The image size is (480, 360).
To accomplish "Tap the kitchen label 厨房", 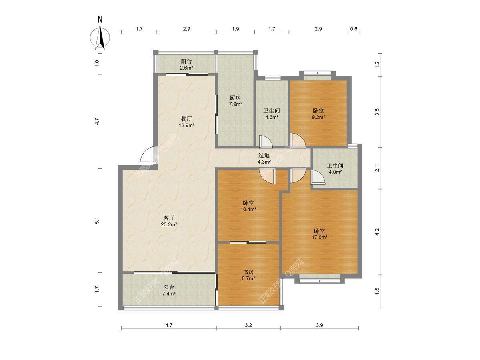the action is coord(235,98).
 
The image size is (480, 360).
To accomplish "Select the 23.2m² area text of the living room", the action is coord(169,224).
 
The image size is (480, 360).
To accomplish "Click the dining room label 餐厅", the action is coord(186,119).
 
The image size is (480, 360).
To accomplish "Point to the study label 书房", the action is coord(248,272).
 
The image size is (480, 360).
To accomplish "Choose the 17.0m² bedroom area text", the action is coord(320,237).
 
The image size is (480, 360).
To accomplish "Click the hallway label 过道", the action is coord(264,156).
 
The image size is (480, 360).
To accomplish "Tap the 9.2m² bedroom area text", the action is coord(318,117).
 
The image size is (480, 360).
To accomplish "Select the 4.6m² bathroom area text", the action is coord(272,117).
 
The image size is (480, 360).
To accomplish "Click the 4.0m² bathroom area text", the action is coord(335,172).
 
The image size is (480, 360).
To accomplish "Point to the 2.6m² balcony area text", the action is coord(186,68).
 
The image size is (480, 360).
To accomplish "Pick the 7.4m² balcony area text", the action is coord(169,294).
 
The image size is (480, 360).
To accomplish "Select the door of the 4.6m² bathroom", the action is coord(265,142).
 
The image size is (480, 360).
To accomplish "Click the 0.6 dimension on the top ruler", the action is coord(354,29).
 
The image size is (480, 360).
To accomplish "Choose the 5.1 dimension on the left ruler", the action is coord(97,220).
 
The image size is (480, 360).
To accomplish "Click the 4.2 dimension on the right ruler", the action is coord(377,232).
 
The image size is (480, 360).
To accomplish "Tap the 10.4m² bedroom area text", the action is coord(248,209).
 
